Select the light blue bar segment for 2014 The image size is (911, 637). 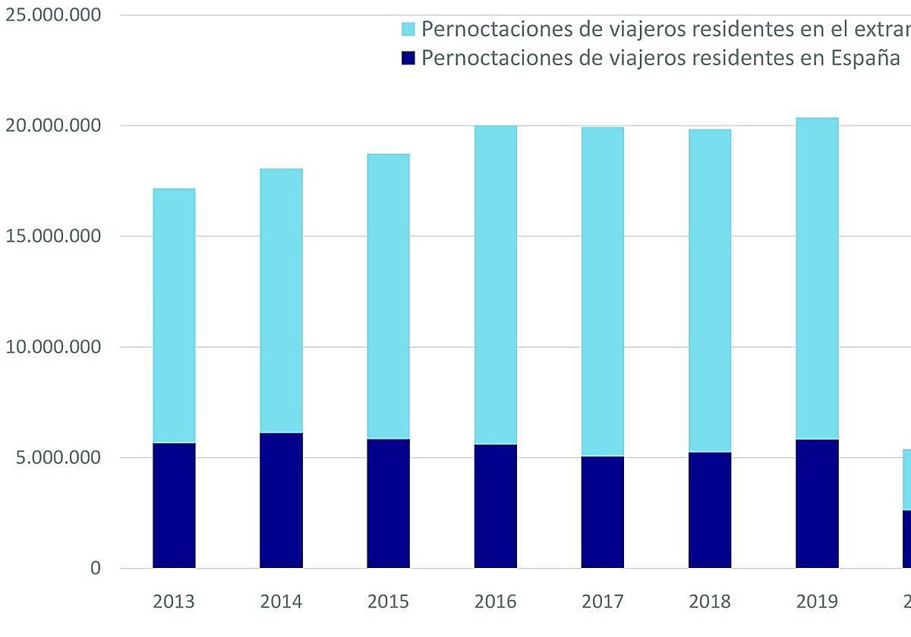coord(281,300)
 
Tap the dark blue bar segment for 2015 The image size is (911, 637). coord(388,504)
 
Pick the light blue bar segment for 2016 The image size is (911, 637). coord(496,284)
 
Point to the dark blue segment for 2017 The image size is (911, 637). coord(603,512)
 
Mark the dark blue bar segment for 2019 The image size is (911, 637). coord(817,504)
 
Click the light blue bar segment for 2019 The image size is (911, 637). coord(817,278)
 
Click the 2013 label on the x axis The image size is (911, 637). coord(174,602)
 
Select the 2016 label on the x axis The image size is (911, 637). coord(496,602)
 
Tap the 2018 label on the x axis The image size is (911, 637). coord(710,602)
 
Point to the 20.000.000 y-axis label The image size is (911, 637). coord(52,126)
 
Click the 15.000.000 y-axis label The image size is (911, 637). coord(52,237)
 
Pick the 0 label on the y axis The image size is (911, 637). coord(95,569)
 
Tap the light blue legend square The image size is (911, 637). coord(408,30)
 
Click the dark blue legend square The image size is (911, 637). coord(408,58)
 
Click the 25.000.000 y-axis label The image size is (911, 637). coord(52,15)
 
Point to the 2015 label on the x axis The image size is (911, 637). coord(388,602)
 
